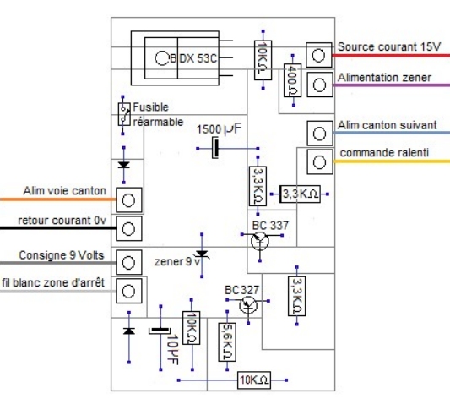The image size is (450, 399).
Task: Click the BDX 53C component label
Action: pyautogui.click(x=192, y=58)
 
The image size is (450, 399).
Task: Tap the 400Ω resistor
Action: pyautogui.click(x=292, y=80)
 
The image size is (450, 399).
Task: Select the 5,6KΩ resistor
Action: pyautogui.click(x=227, y=342)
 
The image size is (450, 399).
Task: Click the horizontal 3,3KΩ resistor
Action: pyautogui.click(x=300, y=194)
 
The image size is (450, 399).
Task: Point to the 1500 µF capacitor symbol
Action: pyautogui.click(x=215, y=148)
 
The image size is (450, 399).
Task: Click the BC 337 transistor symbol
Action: pyautogui.click(x=260, y=241)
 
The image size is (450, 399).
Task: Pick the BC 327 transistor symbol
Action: pyautogui.click(x=248, y=305)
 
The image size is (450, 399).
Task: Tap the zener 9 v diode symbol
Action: pyautogui.click(x=202, y=254)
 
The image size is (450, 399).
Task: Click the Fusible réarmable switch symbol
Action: pyautogui.click(x=124, y=114)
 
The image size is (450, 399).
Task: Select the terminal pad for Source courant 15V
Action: pyautogui.click(x=318, y=55)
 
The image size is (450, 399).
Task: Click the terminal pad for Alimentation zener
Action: pyautogui.click(x=320, y=85)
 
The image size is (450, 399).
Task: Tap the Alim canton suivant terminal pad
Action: pyautogui.click(x=320, y=134)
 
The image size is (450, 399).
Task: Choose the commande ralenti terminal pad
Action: pyautogui.click(x=320, y=161)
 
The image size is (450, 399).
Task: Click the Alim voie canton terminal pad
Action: pyautogui.click(x=129, y=200)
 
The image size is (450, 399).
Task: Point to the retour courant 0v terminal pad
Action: pyautogui.click(x=129, y=228)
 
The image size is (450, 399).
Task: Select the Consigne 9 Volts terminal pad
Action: pyautogui.click(x=129, y=262)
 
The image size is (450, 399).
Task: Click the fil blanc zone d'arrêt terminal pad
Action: pyautogui.click(x=129, y=291)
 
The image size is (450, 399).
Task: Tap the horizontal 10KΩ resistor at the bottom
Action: pyautogui.click(x=254, y=380)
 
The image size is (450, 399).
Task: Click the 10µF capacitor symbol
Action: pyautogui.click(x=160, y=331)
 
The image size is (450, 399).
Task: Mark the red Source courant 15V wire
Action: pyautogui.click(x=391, y=56)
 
